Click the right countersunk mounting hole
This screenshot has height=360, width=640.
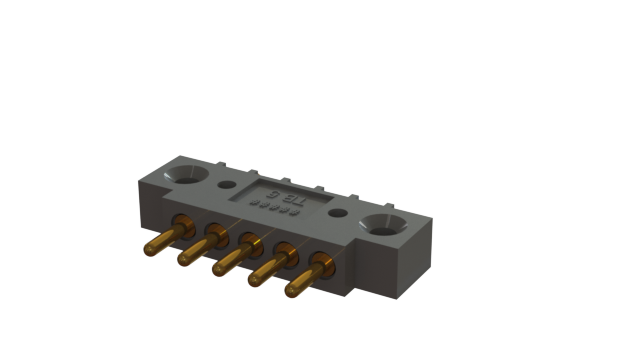382,224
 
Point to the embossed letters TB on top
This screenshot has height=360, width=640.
292,198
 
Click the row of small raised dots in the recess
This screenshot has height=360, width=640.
270,207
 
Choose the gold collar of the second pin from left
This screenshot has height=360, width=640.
215,232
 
